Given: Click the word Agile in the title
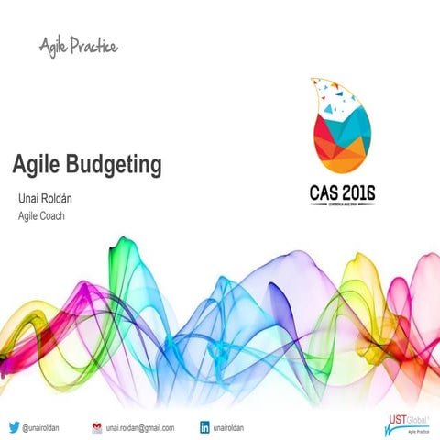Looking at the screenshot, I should tap(36, 166).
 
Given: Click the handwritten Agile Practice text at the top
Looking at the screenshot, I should tap(79, 44).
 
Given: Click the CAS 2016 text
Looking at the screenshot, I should tap(341, 195).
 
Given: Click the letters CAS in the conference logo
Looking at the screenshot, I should tap(322, 195).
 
